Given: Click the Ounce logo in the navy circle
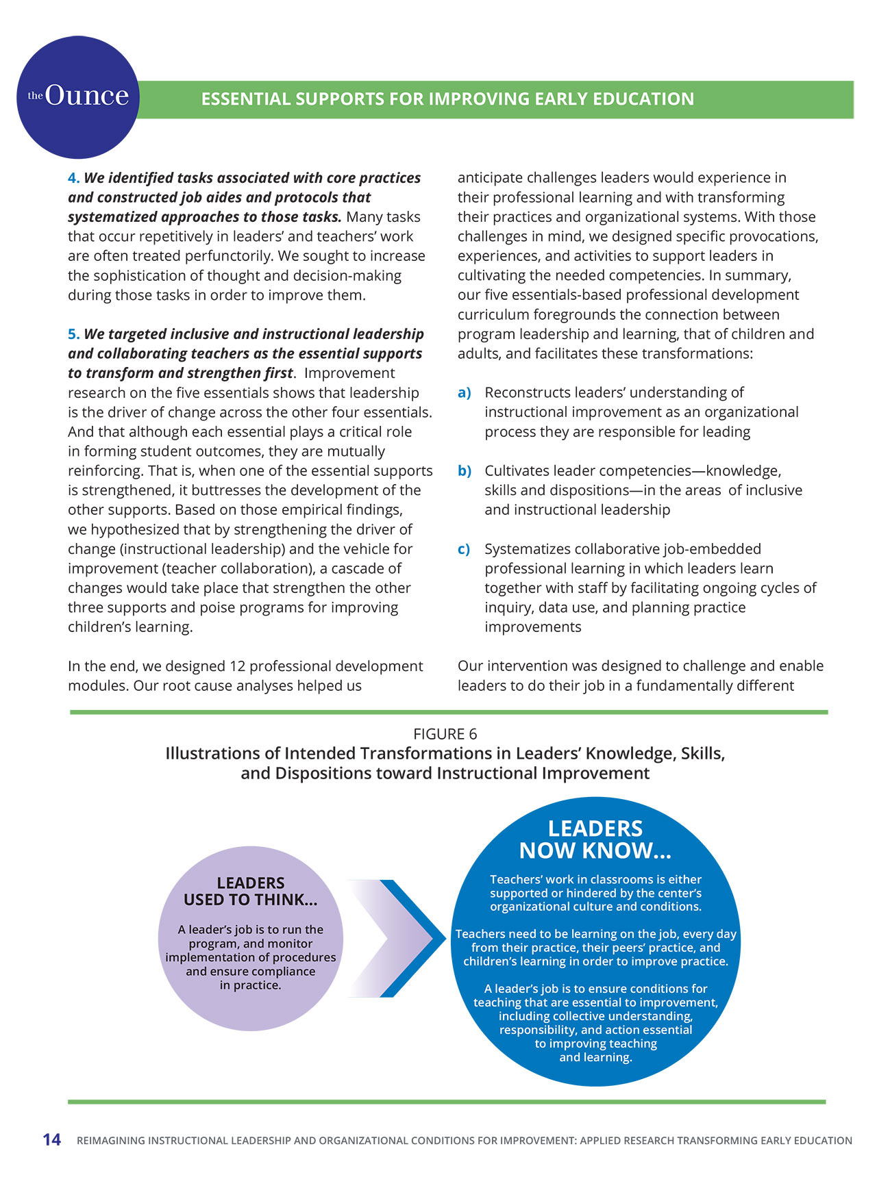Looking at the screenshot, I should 78,97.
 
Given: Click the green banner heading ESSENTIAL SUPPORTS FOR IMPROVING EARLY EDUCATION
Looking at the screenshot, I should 447,99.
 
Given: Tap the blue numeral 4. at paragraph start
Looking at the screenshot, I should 73,178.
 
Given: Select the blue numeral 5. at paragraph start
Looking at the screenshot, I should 73,334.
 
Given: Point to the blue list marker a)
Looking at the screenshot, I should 464,393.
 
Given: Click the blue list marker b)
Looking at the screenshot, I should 464,471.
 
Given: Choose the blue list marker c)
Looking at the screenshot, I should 464,549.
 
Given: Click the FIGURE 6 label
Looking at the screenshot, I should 445,734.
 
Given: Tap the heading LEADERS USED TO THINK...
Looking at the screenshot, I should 250,891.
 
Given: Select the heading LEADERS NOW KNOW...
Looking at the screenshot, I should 595,839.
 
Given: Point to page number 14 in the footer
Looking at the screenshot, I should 51,1140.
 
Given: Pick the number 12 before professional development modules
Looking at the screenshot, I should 237,666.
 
